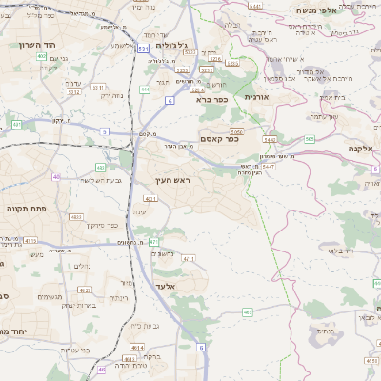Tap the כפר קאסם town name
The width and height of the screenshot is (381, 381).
tap(219, 139)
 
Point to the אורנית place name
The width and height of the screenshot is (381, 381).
tap(257, 97)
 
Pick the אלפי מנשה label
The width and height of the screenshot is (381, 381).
tap(313, 10)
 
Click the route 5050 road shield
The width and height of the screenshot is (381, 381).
tap(236, 130)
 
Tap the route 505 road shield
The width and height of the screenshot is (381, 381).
tap(310, 139)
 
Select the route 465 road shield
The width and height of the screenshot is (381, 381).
tap(248, 311)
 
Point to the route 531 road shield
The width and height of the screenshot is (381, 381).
tap(142, 48)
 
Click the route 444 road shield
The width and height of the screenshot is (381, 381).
tap(145, 90)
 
